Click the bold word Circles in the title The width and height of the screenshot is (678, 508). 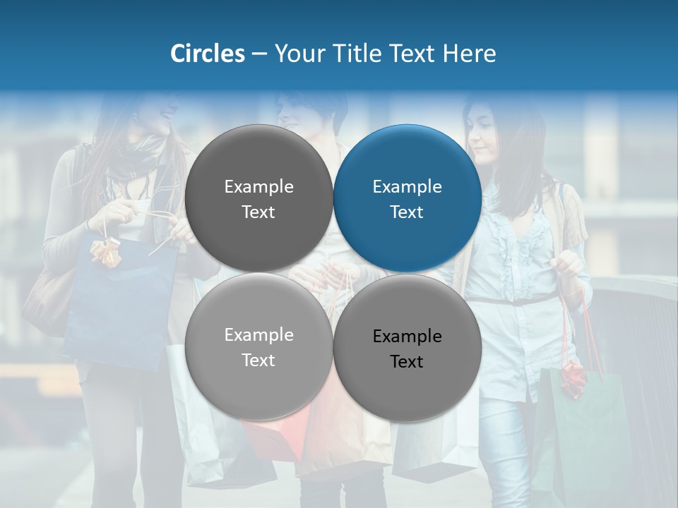pyautogui.click(x=207, y=54)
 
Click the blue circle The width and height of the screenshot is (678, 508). pyautogui.click(x=408, y=198)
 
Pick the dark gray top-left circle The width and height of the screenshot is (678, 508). pyautogui.click(x=258, y=198)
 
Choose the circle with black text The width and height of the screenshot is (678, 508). pyautogui.click(x=408, y=348)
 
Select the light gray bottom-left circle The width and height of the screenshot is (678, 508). pyautogui.click(x=258, y=346)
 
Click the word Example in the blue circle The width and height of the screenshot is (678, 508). pyautogui.click(x=407, y=187)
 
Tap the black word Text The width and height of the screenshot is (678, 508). pyautogui.click(x=407, y=362)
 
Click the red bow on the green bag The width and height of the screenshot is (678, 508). pyautogui.click(x=573, y=377)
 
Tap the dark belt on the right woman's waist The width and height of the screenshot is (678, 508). pyautogui.click(x=516, y=301)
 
